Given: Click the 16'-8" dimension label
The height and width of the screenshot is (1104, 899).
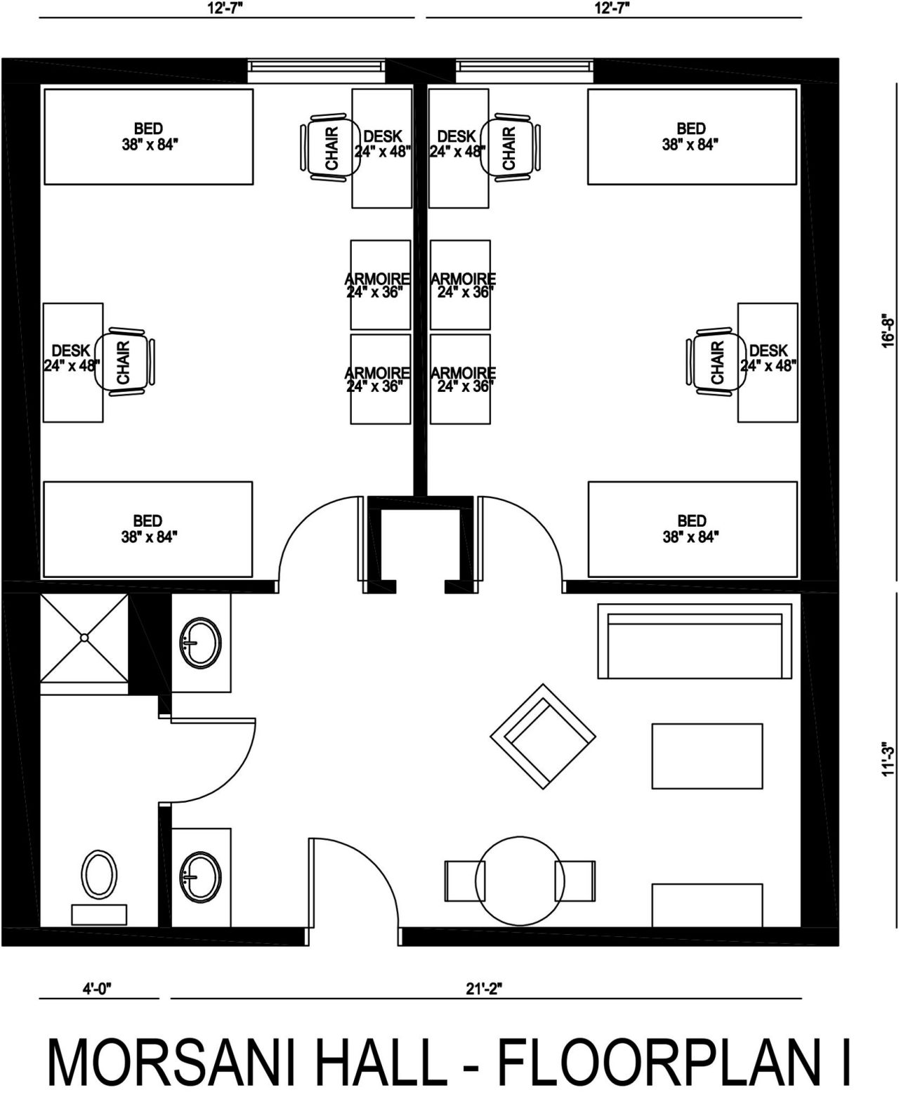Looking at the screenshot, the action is click(x=888, y=332).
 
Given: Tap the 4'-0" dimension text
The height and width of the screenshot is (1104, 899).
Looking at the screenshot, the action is click(x=98, y=989).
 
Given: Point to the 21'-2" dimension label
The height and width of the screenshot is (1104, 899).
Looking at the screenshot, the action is click(x=485, y=989).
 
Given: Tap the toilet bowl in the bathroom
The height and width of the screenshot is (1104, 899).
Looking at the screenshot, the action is click(x=99, y=875).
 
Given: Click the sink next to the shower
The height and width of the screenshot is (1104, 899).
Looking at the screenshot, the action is click(x=201, y=643).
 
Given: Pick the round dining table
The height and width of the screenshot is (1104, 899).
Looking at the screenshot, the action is click(x=520, y=881).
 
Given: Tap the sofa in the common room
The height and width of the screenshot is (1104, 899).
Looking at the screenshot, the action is click(x=695, y=641).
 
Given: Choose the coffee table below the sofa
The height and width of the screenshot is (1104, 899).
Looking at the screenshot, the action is click(x=707, y=756).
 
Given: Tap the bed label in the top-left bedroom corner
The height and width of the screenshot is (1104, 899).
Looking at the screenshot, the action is click(x=149, y=136).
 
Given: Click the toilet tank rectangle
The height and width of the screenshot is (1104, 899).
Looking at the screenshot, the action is click(x=99, y=915).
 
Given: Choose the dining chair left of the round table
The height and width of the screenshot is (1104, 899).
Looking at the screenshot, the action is click(x=465, y=881).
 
